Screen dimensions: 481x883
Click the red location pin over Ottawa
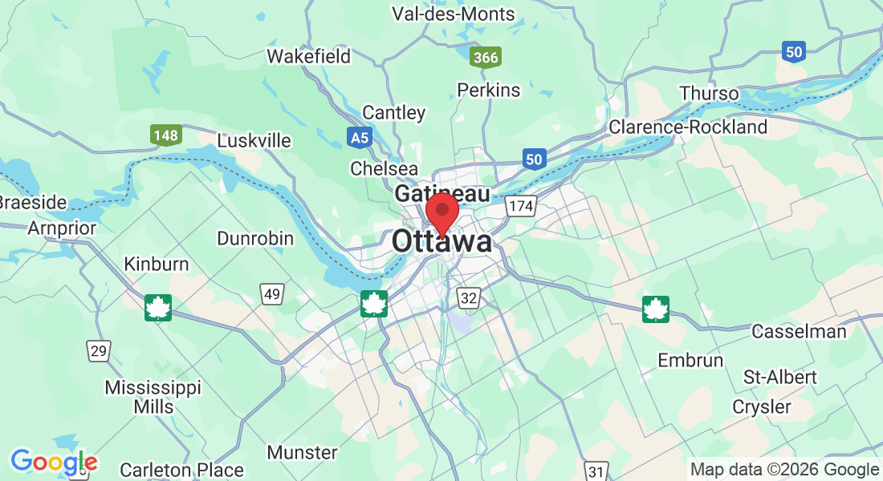[x=441, y=212]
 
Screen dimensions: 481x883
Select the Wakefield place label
[x=309, y=56]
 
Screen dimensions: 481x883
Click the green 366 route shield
[x=486, y=57]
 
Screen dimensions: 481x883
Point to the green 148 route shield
[x=165, y=135]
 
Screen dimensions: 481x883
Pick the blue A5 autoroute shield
[x=360, y=138]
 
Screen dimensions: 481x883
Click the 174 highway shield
[x=520, y=207]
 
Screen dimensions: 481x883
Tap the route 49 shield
[x=272, y=294]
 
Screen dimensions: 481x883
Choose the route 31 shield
[x=596, y=471]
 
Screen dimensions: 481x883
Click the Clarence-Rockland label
[x=688, y=127]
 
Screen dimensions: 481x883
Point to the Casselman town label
[x=799, y=331]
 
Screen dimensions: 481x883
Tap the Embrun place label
[x=690, y=360]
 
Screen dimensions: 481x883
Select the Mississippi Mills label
[x=153, y=397]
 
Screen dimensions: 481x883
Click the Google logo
[x=54, y=462]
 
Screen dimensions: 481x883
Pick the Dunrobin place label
[x=255, y=239]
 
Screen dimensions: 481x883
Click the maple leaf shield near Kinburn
[x=158, y=308]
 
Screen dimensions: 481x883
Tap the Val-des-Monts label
[x=454, y=14]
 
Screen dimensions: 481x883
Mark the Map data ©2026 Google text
[x=784, y=470]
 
